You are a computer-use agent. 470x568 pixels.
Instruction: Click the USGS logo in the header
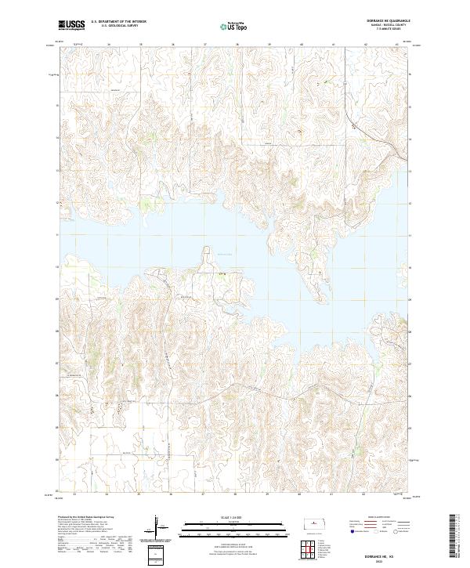pos(71,24)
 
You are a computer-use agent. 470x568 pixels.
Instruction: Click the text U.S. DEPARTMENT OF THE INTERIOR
pos(118,22)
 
